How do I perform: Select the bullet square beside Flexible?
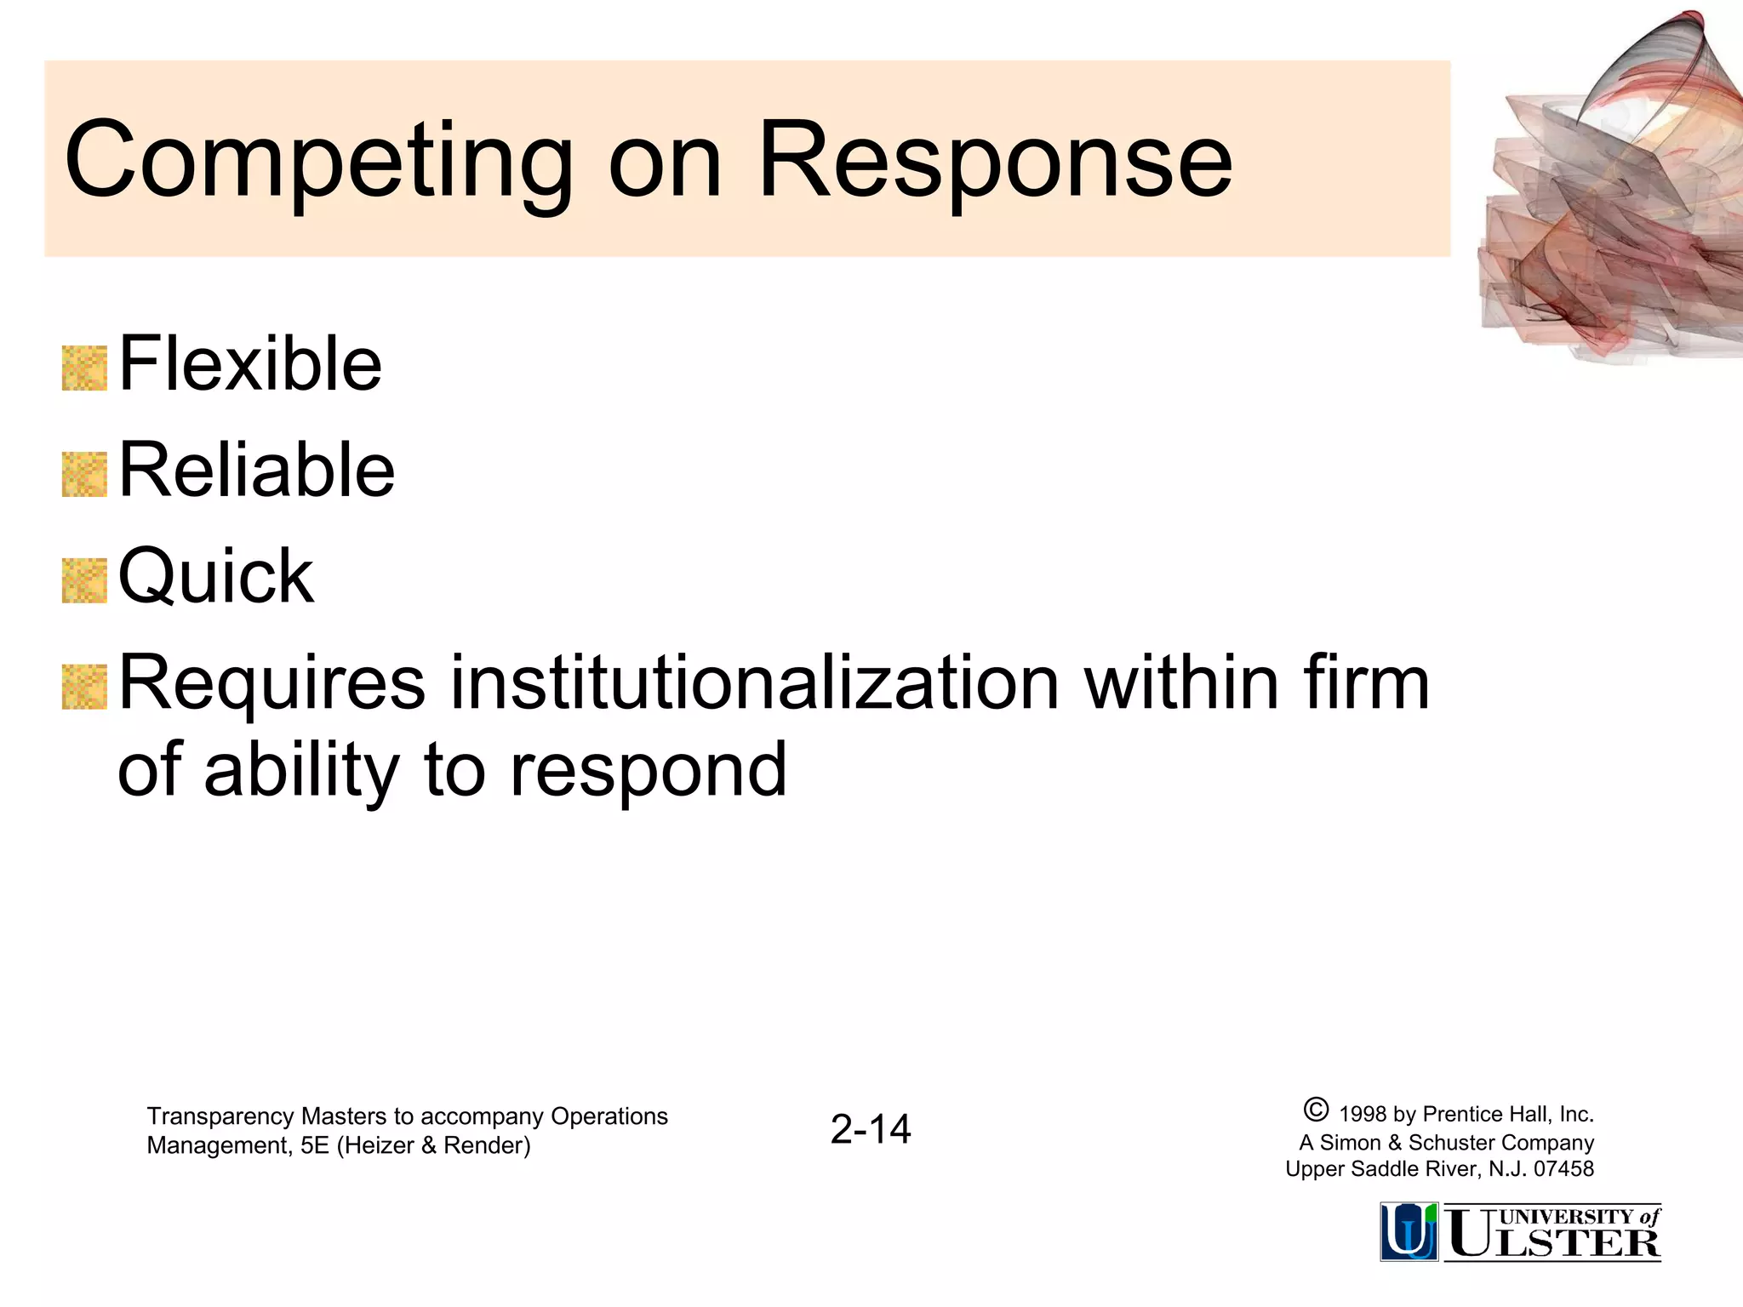pyautogui.click(x=84, y=368)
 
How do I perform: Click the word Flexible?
pyautogui.click(x=250, y=364)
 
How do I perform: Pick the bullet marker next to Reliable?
pyautogui.click(x=84, y=475)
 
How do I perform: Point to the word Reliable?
pyautogui.click(x=256, y=470)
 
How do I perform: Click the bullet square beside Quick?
pyautogui.click(x=84, y=581)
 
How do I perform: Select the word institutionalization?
pyautogui.click(x=754, y=682)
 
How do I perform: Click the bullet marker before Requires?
pyautogui.click(x=84, y=688)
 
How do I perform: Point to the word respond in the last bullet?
pyautogui.click(x=649, y=771)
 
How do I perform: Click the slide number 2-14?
pyautogui.click(x=871, y=1129)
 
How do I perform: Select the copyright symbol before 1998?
pyautogui.click(x=1315, y=1110)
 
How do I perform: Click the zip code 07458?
pyautogui.click(x=1563, y=1169)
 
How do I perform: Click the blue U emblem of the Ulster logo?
pyautogui.click(x=1409, y=1231)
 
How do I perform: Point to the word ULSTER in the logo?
pyautogui.click(x=1554, y=1243)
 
